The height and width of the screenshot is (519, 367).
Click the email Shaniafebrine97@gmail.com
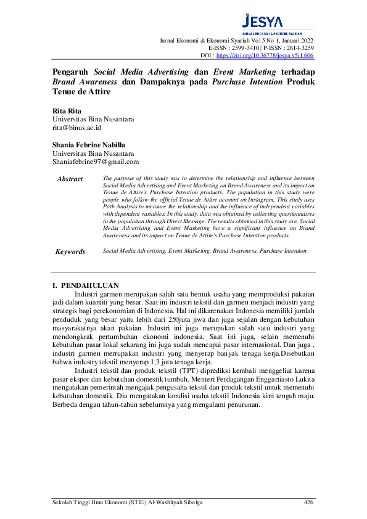point(96,161)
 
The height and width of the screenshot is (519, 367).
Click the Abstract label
point(70,179)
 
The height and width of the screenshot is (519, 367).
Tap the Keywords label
point(70,251)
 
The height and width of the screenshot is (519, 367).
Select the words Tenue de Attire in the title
point(81,92)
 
